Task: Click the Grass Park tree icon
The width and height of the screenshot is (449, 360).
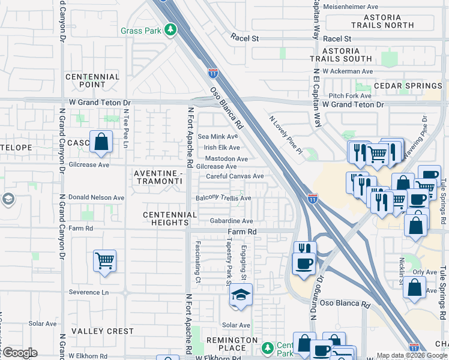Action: [x=171, y=29]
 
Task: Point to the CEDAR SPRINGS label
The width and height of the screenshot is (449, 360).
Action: [x=408, y=86]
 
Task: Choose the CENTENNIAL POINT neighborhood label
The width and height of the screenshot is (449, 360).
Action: [x=92, y=81]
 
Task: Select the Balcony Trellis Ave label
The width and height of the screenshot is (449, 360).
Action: [x=224, y=198]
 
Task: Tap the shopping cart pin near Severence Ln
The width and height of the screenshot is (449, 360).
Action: [x=104, y=261]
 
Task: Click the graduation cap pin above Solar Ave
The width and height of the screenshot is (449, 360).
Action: [x=241, y=295]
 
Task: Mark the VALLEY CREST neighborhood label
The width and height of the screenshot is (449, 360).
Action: [x=103, y=331]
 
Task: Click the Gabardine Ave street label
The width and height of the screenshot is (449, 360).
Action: [x=232, y=221]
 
